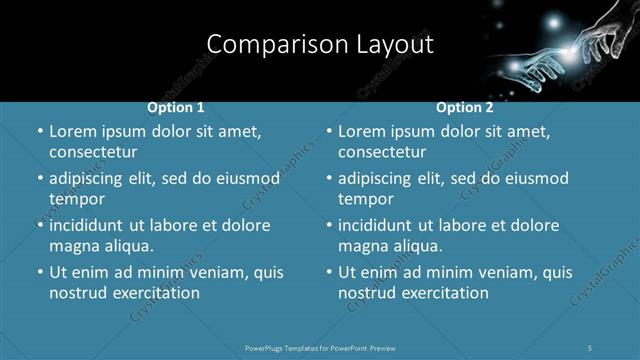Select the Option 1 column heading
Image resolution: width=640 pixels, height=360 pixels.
pyautogui.click(x=176, y=107)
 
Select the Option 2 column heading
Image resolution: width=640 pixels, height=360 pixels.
pyautogui.click(x=465, y=107)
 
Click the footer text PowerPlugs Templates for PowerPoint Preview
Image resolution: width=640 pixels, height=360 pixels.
pyautogui.click(x=320, y=348)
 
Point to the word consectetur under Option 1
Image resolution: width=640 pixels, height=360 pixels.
pyautogui.click(x=93, y=153)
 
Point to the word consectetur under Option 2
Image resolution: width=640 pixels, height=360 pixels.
pyautogui.click(x=382, y=153)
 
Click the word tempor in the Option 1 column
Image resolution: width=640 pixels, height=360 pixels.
pyautogui.click(x=76, y=199)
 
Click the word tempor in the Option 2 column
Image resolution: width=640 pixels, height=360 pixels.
pyautogui.click(x=365, y=199)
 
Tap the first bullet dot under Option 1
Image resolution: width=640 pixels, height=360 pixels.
pyautogui.click(x=39, y=132)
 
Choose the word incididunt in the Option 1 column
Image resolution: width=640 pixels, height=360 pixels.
pyautogui.click(x=92, y=226)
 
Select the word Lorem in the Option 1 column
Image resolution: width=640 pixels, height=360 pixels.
pyautogui.click(x=71, y=132)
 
